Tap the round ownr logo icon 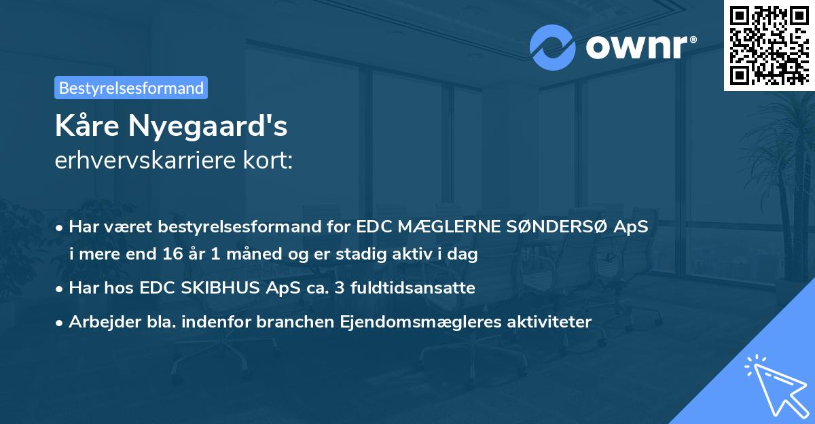pyautogui.click(x=552, y=48)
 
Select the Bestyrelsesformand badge pyautogui.click(x=131, y=88)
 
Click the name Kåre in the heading pyautogui.click(x=86, y=126)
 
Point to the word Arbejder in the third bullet pyautogui.click(x=100, y=321)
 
